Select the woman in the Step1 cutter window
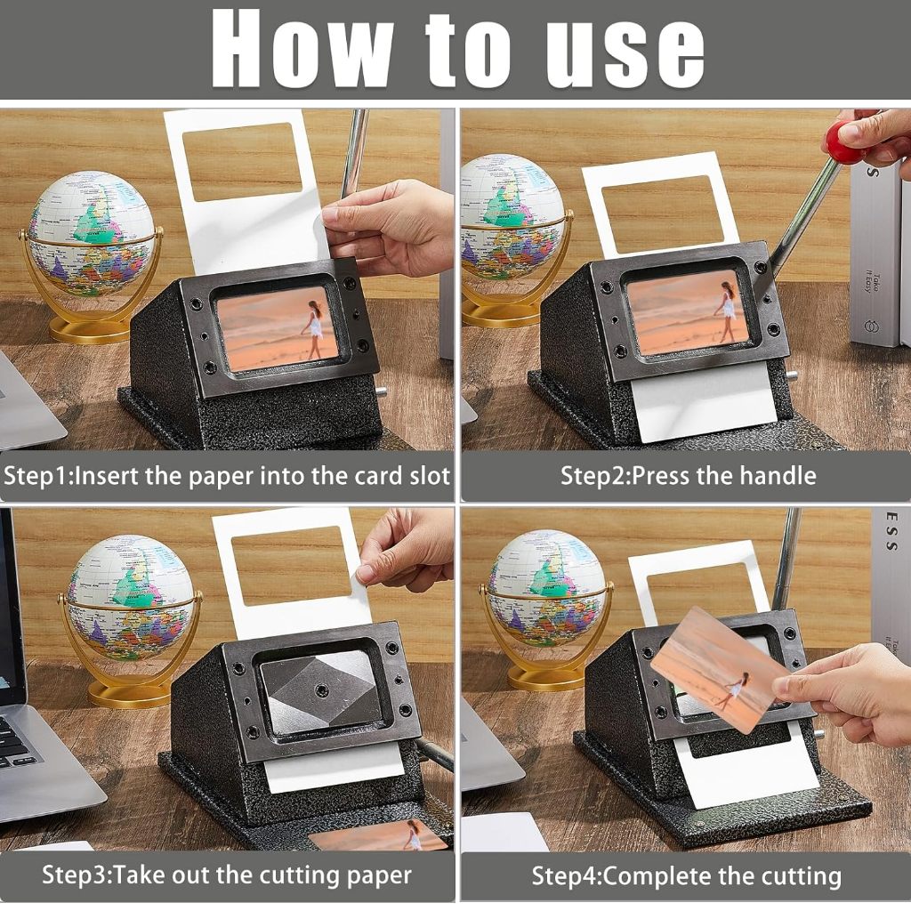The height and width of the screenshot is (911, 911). (x=314, y=329)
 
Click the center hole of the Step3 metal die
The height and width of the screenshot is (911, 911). (x=320, y=690)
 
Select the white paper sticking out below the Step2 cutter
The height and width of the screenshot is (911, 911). (x=705, y=403)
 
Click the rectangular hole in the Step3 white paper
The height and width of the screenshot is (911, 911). (x=291, y=566)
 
